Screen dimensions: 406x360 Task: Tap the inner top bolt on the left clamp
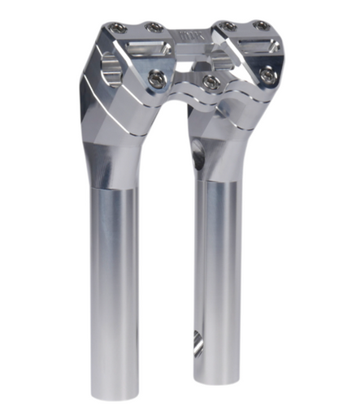coord(154,28)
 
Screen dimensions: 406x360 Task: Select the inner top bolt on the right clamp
coord(229,26)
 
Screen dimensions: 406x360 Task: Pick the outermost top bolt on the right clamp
coord(262,27)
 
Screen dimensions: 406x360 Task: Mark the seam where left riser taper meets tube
coord(115,188)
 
